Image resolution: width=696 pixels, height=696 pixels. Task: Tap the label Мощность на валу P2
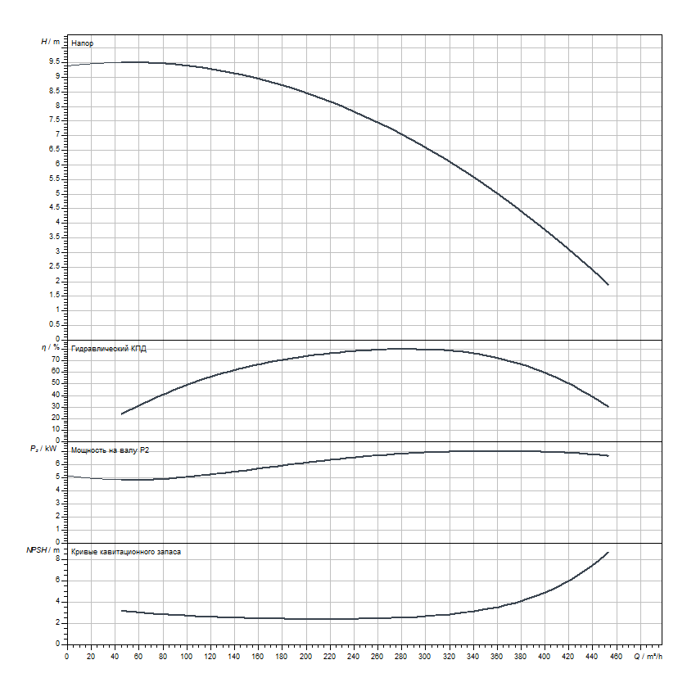[x=110, y=450]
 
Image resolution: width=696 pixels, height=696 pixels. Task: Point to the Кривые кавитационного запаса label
[x=127, y=552]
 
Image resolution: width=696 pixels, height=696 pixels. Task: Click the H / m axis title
[x=50, y=41]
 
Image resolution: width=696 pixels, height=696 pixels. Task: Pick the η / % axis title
[x=51, y=347]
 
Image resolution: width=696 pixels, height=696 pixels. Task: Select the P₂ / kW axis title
[x=49, y=450]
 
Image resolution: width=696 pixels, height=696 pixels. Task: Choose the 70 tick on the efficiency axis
[x=56, y=359]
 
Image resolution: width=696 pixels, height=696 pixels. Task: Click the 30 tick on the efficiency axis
[x=56, y=406]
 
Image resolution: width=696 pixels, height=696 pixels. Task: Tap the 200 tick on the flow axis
[x=305, y=656]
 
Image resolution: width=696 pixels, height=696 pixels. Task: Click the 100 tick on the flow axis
[x=186, y=656]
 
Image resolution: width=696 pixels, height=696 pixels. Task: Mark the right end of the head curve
[x=608, y=285]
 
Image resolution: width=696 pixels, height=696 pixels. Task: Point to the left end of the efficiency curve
[x=121, y=414]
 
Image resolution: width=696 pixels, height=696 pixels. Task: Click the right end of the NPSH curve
[x=608, y=552]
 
